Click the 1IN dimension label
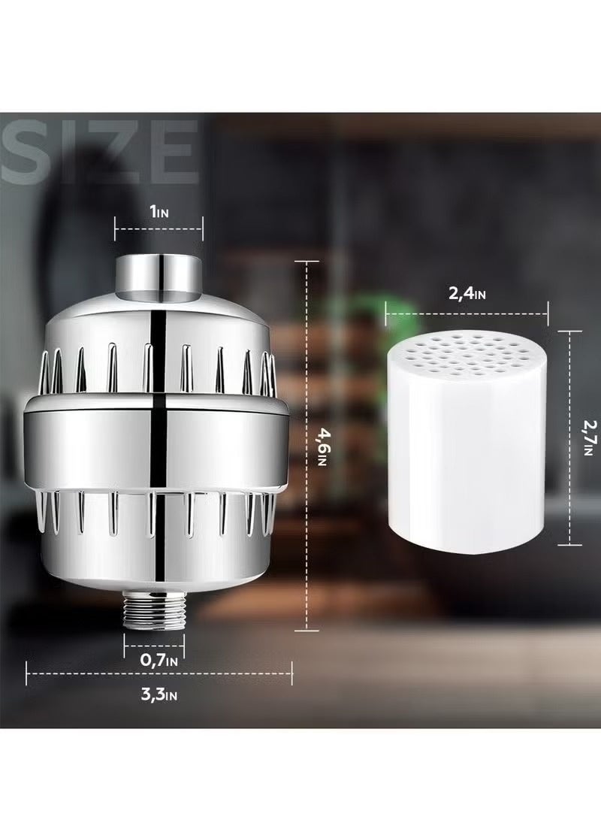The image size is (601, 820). coord(159,212)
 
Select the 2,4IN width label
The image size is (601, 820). coord(467,293)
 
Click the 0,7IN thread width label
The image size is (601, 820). coord(159,661)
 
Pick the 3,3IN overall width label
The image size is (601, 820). coord(159,694)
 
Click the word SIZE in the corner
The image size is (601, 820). coord(99,150)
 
